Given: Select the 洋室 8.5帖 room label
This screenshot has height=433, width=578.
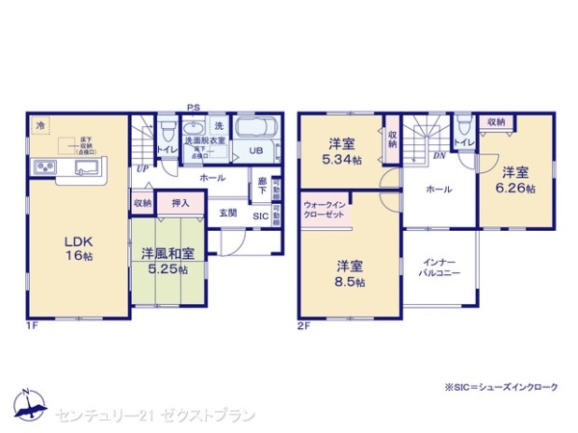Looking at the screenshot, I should [350, 272].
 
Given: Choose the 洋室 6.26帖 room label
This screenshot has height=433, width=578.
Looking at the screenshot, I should [513, 180].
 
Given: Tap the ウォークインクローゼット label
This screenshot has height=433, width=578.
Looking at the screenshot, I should [325, 211].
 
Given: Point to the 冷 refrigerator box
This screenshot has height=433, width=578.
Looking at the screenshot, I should [40, 125].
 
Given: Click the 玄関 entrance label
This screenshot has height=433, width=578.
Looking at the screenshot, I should [227, 213].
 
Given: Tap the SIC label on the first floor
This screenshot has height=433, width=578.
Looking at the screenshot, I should [261, 216].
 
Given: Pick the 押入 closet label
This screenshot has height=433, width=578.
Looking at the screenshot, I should [181, 203].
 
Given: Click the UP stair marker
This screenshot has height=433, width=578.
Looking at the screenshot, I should [143, 167].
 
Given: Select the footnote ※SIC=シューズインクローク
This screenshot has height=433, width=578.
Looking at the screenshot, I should [500, 386].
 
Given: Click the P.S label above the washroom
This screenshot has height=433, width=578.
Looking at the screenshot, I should [194, 109].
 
